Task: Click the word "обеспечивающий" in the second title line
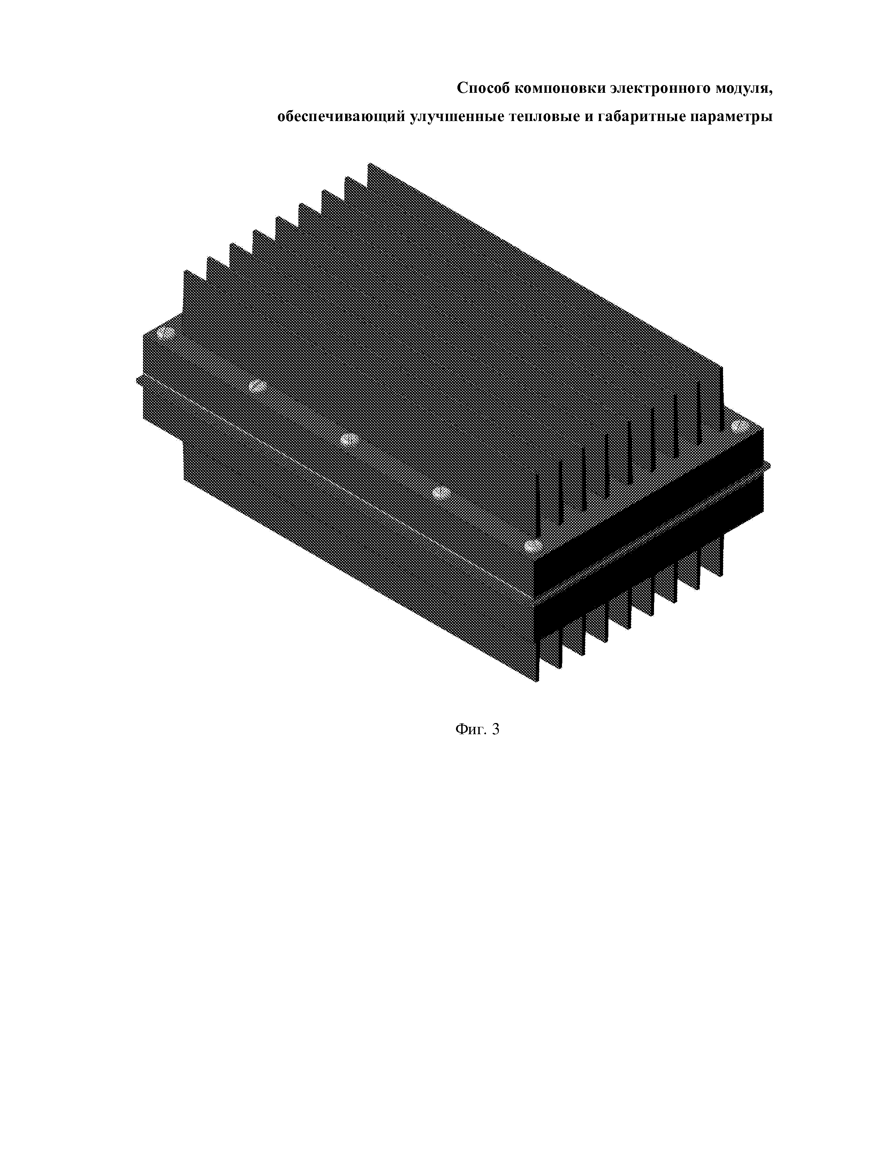pyautogui.click(x=341, y=116)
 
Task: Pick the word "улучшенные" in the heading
pyautogui.click(x=457, y=117)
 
